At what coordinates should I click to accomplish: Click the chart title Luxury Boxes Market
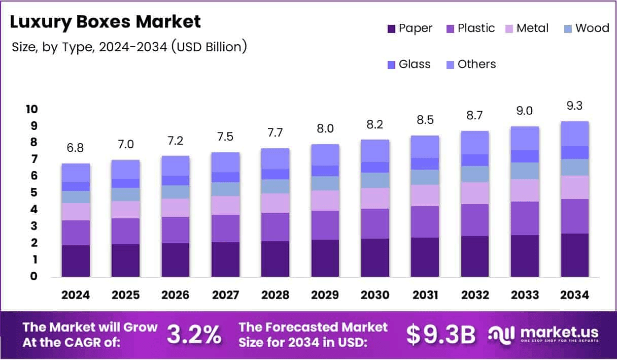(106, 22)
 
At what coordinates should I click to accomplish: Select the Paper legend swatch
(391, 28)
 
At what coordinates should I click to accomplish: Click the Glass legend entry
(408, 64)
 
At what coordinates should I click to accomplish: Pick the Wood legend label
(592, 28)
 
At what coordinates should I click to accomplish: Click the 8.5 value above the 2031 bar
(425, 120)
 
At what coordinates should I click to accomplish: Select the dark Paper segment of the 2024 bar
(76, 260)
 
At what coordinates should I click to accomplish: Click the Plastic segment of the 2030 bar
(375, 223)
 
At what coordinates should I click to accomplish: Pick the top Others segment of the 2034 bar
(575, 134)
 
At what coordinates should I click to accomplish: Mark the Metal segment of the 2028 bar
(275, 203)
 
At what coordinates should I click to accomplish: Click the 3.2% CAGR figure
(194, 334)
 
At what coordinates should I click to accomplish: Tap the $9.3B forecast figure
(441, 334)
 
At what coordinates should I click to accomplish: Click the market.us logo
(543, 334)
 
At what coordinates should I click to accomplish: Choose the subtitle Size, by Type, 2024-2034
(129, 47)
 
